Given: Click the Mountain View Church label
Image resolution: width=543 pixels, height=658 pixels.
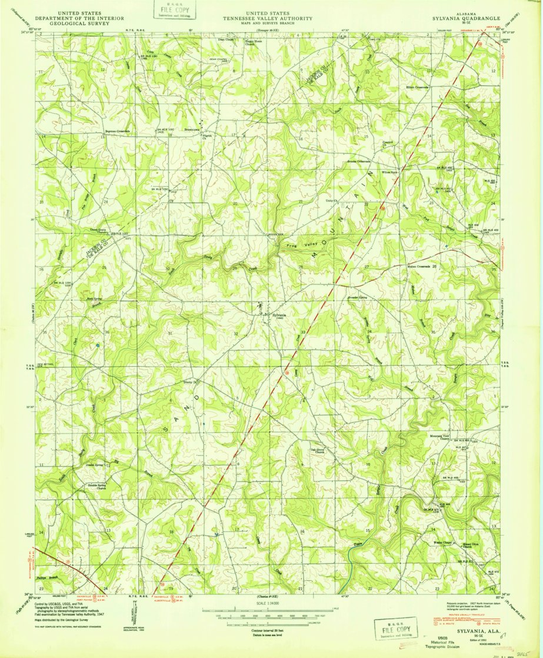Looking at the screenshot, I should point(445,437).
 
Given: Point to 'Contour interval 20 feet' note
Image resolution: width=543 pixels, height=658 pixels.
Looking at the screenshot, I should point(272,630).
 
